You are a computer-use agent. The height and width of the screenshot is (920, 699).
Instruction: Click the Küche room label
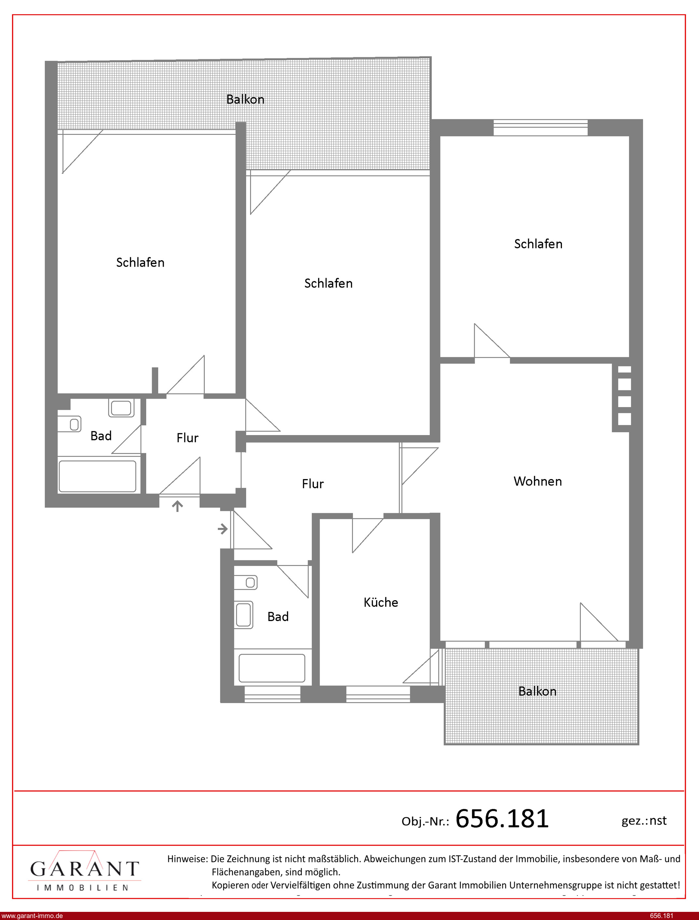click(381, 602)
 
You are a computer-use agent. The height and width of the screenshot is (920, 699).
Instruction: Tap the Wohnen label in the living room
click(538, 481)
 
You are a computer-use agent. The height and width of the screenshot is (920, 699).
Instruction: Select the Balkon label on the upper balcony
click(245, 99)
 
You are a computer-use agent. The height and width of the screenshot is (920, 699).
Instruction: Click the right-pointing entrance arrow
click(223, 529)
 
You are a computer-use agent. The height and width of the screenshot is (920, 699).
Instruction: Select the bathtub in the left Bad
click(97, 476)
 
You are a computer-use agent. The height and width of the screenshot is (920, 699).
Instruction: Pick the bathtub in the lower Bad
click(272, 668)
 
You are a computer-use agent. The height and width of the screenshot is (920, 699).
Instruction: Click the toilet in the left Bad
click(69, 424)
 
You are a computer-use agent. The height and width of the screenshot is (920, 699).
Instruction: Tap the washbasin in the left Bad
click(121, 408)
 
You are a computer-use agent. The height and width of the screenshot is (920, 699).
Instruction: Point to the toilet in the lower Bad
click(245, 583)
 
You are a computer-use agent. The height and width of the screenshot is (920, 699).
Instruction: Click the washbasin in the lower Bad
click(244, 615)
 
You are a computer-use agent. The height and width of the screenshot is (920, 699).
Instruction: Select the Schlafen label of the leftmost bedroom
click(140, 262)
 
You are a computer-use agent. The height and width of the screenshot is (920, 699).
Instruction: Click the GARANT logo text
click(84, 869)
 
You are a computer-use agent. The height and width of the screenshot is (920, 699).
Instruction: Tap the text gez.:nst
click(644, 821)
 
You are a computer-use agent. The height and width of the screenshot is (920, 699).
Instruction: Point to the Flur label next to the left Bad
click(187, 438)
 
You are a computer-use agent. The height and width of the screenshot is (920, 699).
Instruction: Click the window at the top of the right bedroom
click(540, 127)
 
